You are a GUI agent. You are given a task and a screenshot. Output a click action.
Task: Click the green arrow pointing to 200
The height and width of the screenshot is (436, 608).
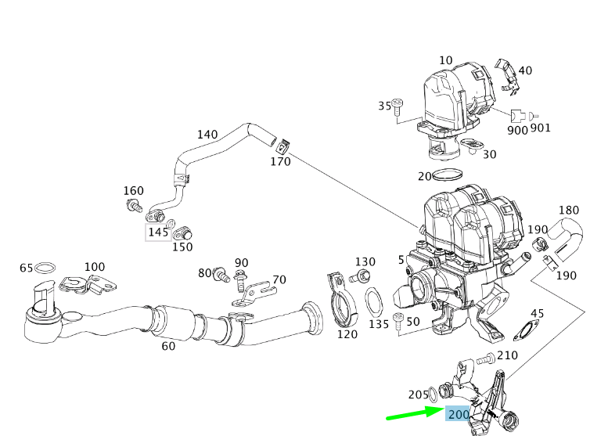pyautogui.click(x=413, y=413)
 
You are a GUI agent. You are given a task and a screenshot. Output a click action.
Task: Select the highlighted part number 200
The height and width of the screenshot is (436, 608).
pyautogui.click(x=458, y=414)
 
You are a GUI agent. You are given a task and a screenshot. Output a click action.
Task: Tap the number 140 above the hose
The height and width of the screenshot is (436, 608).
pyautogui.click(x=207, y=134)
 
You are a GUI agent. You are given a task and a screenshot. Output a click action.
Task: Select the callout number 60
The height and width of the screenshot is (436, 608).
pyautogui.click(x=168, y=346)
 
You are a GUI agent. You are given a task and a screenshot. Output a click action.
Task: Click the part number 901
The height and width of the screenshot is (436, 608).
pyautogui.click(x=540, y=128)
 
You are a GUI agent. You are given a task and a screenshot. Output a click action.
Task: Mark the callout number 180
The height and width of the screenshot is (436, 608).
pyautogui.click(x=568, y=210)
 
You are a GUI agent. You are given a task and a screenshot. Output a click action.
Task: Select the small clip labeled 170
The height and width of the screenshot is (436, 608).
pyautogui.click(x=284, y=146)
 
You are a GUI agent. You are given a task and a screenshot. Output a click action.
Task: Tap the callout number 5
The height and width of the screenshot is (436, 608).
pyautogui.click(x=401, y=259)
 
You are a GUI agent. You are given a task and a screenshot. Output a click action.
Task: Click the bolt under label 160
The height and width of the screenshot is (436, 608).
pyautogui.click(x=132, y=206)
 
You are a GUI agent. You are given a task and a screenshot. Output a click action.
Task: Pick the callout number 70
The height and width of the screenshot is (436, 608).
pyautogui.click(x=279, y=279)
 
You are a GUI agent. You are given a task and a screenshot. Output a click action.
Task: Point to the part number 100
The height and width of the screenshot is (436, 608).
pyautogui.click(x=94, y=267)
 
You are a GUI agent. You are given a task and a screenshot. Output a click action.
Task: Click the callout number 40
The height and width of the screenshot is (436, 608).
pyautogui.click(x=525, y=70)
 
